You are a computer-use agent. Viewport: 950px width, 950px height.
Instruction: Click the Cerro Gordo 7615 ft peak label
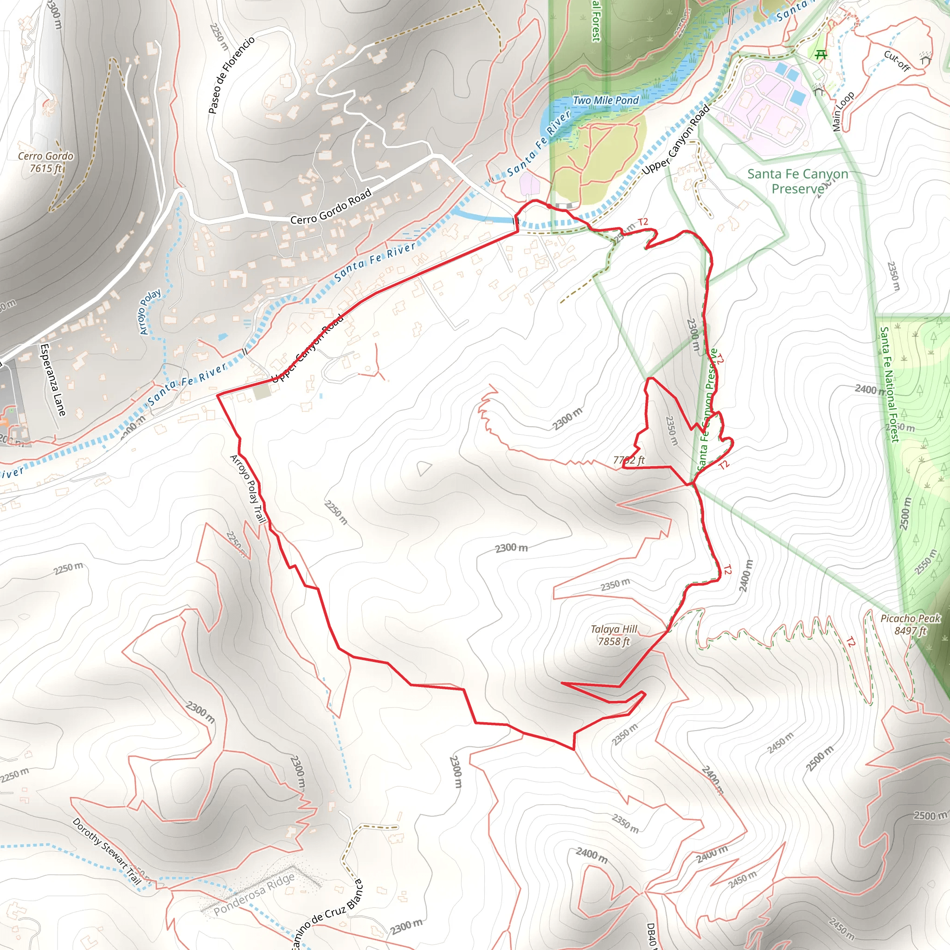click(x=45, y=162)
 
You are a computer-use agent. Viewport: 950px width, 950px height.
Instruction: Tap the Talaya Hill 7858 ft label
click(x=614, y=635)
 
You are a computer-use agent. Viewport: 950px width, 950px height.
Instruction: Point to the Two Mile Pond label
click(x=605, y=100)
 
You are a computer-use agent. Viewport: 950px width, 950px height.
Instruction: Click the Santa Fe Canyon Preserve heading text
click(x=797, y=181)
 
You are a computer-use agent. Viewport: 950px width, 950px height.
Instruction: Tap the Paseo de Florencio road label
click(x=231, y=75)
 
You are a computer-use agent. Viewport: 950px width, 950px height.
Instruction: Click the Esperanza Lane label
click(x=52, y=379)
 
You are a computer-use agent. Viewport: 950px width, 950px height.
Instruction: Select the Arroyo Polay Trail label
click(x=248, y=489)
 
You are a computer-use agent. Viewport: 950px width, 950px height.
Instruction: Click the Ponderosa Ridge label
click(x=254, y=894)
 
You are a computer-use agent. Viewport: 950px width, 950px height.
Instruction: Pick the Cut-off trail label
click(x=897, y=61)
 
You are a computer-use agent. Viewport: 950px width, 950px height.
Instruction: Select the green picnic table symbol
click(x=820, y=55)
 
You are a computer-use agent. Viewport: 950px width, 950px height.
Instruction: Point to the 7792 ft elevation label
click(x=629, y=460)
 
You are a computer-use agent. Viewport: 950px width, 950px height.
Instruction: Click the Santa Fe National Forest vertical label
click(x=889, y=385)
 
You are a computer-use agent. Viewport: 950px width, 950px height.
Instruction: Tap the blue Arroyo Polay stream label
click(x=150, y=312)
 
